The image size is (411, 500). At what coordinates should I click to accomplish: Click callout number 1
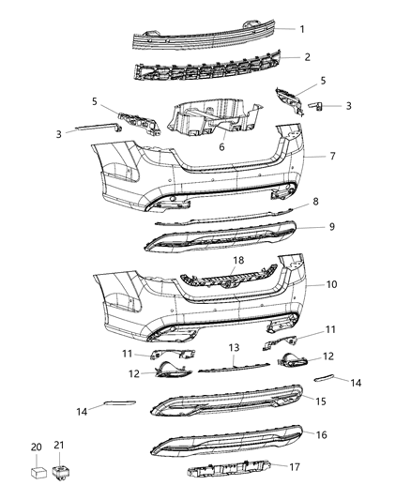(x=302, y=29)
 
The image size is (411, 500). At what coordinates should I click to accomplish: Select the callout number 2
(x=308, y=57)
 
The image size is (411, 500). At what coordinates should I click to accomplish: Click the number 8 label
(x=315, y=202)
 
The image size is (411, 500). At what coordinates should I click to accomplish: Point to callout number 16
(x=321, y=436)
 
